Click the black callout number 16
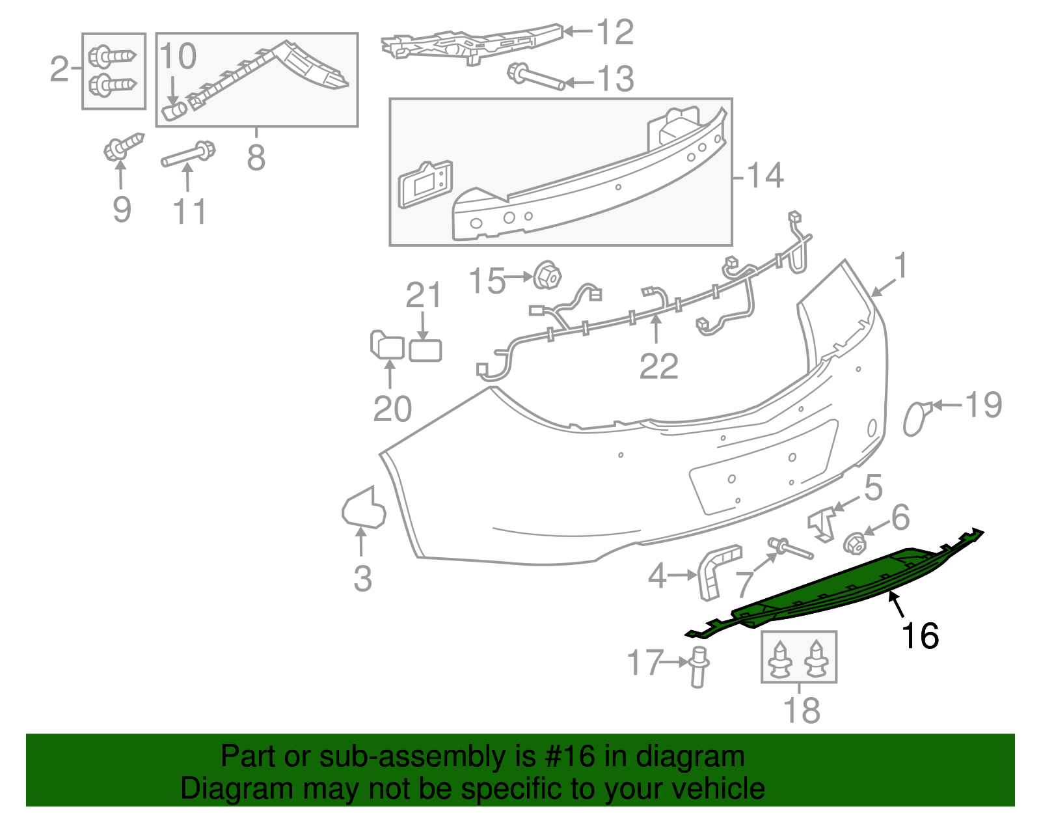coord(919,635)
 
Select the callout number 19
coord(983,405)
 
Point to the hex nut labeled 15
coord(547,277)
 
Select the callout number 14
coord(764,176)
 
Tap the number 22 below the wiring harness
coord(658,366)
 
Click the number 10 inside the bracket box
coord(178,57)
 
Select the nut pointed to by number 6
coord(854,543)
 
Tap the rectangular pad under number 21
coord(426,350)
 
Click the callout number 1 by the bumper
coord(900,266)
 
